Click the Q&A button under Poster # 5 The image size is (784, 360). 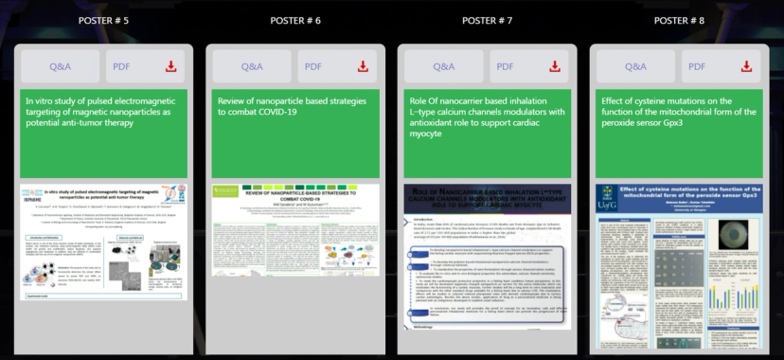coord(60,66)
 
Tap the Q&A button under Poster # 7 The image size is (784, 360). coord(443,66)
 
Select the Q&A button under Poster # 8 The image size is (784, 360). coord(635,66)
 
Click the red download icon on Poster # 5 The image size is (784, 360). coord(171,66)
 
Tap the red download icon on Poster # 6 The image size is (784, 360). coord(363,66)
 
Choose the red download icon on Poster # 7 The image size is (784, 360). coord(555,66)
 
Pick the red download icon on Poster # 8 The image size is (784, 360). coord(746,66)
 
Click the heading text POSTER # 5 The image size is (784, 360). coord(103,20)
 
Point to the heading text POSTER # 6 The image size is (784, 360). coord(295,20)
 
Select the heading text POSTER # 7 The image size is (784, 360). coord(488,20)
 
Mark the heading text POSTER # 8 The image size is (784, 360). coord(679,20)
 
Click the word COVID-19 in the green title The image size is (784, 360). coord(276,112)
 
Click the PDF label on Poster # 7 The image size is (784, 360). coord(505,66)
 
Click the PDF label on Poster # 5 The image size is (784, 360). coord(121,66)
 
